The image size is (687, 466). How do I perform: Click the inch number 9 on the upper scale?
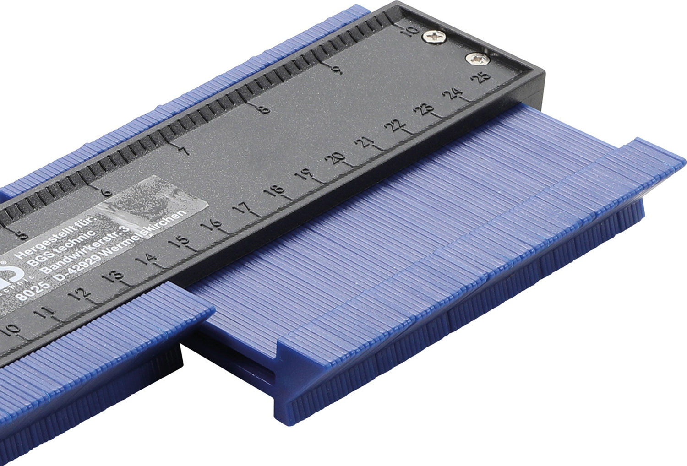(x=337, y=69)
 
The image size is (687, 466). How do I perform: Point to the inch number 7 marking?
(x=185, y=151)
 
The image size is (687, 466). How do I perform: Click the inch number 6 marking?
(x=106, y=192)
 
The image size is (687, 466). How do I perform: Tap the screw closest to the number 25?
(x=477, y=58)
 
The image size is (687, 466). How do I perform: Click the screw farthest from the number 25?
(x=434, y=36)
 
